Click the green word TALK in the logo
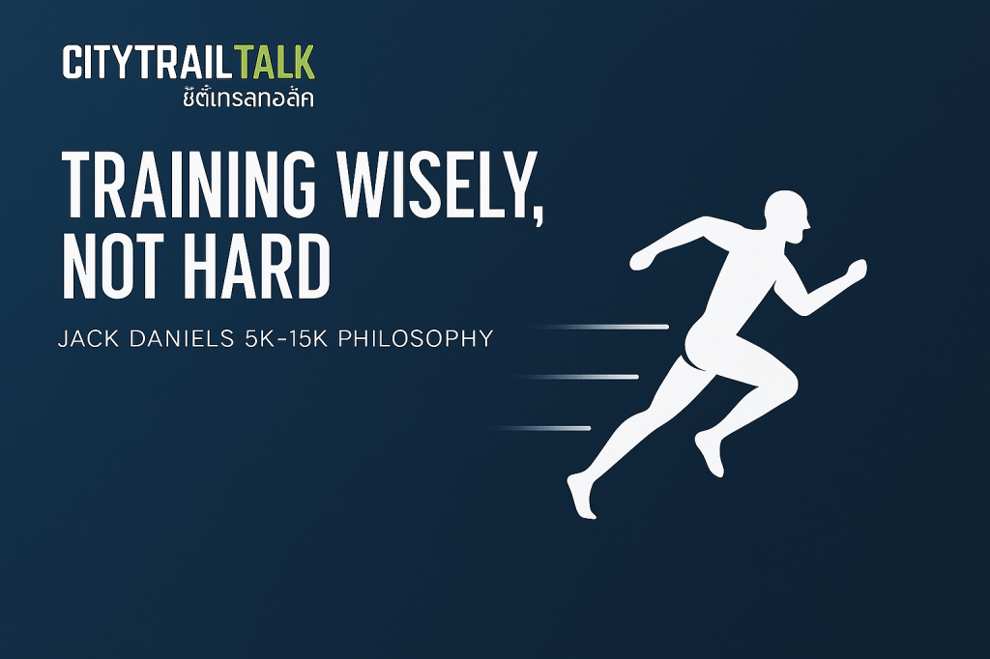[274, 62]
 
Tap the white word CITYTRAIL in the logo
[148, 62]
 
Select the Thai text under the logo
[248, 98]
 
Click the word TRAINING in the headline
[188, 186]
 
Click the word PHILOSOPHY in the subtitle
[416, 339]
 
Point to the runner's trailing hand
[642, 258]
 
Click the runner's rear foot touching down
[581, 498]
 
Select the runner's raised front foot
[710, 454]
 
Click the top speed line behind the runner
[599, 327]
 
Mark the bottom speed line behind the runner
[539, 429]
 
